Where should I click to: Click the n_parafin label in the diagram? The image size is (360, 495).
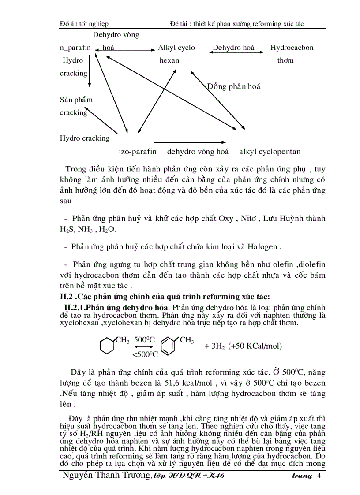(x=75, y=48)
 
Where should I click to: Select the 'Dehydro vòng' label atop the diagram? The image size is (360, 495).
(x=116, y=34)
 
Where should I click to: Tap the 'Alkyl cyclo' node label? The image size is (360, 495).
(x=176, y=48)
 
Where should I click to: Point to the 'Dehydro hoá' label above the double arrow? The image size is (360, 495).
(x=233, y=48)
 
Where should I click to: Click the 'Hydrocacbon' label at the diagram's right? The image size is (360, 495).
(x=292, y=48)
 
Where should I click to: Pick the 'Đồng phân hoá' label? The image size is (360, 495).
(x=234, y=86)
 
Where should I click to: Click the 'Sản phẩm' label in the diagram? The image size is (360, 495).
(x=76, y=100)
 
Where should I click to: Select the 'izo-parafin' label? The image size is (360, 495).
(x=138, y=152)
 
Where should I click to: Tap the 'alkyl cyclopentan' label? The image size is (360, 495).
(x=270, y=152)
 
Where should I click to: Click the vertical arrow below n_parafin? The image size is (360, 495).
(x=90, y=71)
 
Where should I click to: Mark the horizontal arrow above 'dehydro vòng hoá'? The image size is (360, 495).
(x=191, y=142)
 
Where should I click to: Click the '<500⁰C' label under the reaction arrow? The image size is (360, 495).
(x=146, y=354)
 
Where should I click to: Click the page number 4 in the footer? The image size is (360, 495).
(x=319, y=476)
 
